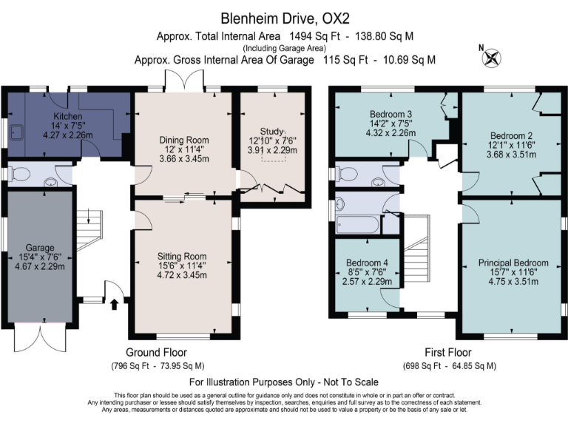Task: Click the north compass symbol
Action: click(491, 58)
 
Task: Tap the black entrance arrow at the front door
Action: click(115, 304)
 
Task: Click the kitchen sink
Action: click(16, 132)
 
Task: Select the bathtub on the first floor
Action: click(357, 225)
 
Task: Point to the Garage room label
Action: click(40, 248)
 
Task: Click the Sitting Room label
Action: click(182, 256)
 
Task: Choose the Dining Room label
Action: click(184, 140)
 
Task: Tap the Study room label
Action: click(271, 131)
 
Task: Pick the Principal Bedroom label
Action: click(513, 263)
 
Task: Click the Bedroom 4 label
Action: click(367, 263)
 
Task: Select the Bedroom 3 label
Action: click(390, 114)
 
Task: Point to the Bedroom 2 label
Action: click(511, 136)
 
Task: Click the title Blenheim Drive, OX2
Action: click(285, 18)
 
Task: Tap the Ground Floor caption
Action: click(157, 352)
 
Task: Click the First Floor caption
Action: click(448, 352)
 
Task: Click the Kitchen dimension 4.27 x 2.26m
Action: click(68, 135)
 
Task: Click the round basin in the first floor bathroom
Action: click(339, 204)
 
